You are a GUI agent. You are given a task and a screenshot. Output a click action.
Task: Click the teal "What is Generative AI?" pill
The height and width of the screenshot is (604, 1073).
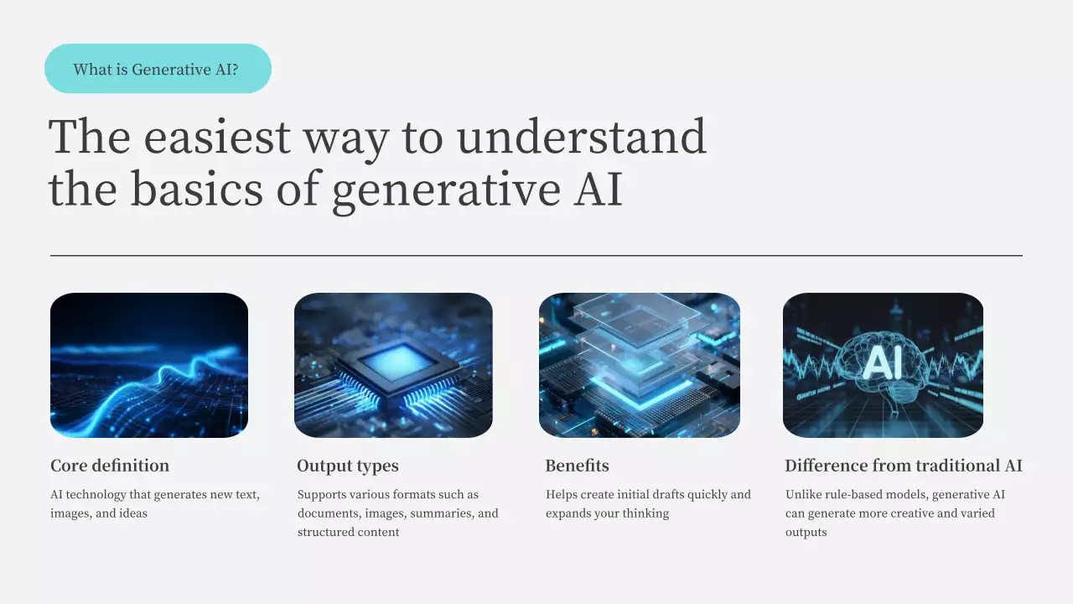pyautogui.click(x=158, y=69)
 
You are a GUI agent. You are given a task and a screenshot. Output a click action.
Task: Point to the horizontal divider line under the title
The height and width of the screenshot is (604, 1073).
pyautogui.click(x=536, y=255)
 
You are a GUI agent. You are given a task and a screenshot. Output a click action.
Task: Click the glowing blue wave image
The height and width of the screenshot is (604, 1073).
pyautogui.click(x=149, y=365)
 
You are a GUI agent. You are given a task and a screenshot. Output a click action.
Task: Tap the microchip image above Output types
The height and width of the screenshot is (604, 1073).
pyautogui.click(x=393, y=365)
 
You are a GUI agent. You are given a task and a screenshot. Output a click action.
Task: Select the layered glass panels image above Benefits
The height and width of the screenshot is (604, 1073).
pyautogui.click(x=639, y=365)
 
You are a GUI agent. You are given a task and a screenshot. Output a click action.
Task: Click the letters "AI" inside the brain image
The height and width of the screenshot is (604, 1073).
pyautogui.click(x=883, y=362)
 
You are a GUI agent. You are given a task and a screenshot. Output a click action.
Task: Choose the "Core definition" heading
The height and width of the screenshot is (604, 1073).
pyautogui.click(x=110, y=466)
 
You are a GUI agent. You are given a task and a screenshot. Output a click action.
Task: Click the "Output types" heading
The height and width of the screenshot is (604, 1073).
pyautogui.click(x=348, y=466)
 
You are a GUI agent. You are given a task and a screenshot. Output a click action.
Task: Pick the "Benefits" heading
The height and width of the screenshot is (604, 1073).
pyautogui.click(x=577, y=466)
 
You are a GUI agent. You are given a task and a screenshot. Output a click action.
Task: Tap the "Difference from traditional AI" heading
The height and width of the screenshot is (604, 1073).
pyautogui.click(x=903, y=466)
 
